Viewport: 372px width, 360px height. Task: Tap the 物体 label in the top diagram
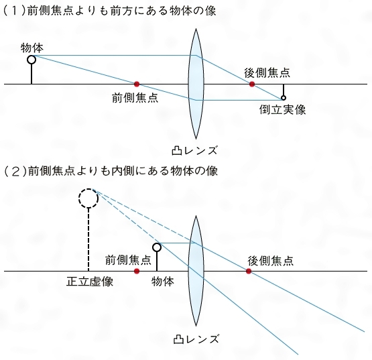tap(32, 48)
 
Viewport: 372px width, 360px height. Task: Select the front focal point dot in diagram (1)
tap(137, 84)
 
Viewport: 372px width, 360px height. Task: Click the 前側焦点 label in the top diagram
tap(135, 97)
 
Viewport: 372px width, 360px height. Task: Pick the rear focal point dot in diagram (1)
tap(252, 84)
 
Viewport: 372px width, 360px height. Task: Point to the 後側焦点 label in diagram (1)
tap(267, 72)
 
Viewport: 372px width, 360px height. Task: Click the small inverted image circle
tap(284, 98)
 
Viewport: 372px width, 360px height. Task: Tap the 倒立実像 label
tap(282, 110)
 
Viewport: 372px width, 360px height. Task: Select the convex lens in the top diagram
tap(196, 84)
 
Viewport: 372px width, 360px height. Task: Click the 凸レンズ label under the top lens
tap(194, 150)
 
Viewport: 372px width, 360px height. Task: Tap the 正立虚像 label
tap(90, 282)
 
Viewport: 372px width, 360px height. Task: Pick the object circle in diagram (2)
tap(157, 247)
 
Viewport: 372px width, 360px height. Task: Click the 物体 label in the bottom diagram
tap(163, 282)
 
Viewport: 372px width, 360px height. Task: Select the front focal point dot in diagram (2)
tap(137, 271)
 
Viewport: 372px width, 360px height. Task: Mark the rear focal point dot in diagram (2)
tap(249, 271)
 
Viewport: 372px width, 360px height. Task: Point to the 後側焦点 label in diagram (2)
tap(271, 261)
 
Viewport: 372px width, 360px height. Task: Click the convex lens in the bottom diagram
tap(196, 271)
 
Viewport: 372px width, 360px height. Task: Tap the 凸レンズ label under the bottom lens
tap(196, 339)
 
